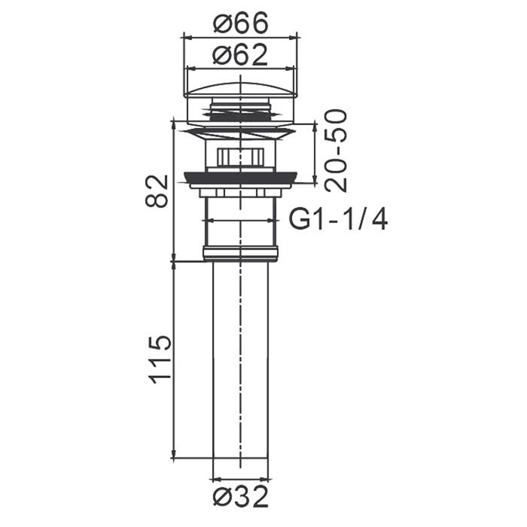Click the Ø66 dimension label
click(x=241, y=22)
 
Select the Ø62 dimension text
click(x=241, y=56)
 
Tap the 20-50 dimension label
click(x=336, y=151)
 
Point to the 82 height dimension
click(x=157, y=190)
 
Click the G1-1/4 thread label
click(x=339, y=219)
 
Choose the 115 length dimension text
click(x=160, y=360)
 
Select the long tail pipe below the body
click(x=241, y=359)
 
